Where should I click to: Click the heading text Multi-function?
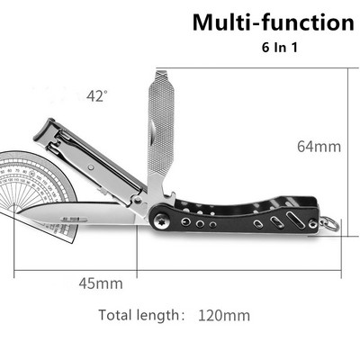(x=274, y=22)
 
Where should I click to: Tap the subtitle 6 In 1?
(x=280, y=48)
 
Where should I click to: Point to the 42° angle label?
(x=96, y=96)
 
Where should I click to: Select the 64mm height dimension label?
(x=319, y=147)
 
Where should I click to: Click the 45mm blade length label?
(x=101, y=283)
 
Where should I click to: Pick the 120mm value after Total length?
(x=224, y=316)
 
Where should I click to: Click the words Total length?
(x=139, y=315)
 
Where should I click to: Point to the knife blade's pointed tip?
(x=17, y=212)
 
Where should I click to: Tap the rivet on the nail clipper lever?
(x=91, y=167)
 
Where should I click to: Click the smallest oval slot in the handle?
(x=257, y=224)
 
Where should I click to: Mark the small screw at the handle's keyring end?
(x=313, y=224)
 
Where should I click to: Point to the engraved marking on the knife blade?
(x=75, y=220)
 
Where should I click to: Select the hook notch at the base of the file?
(x=170, y=195)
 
